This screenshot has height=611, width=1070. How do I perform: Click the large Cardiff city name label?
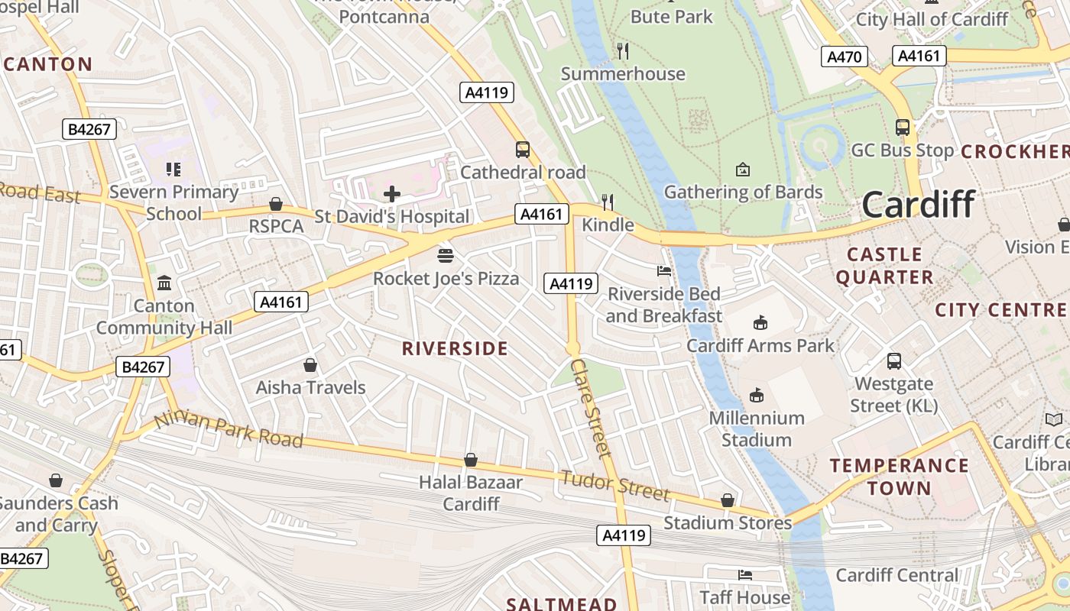918,205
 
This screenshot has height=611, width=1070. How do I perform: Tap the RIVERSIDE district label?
455,349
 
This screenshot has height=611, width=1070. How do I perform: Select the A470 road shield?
845,57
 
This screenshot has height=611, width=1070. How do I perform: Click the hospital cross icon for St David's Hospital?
392,194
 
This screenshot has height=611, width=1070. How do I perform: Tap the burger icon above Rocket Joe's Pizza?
446,255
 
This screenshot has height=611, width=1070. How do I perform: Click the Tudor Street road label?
615,486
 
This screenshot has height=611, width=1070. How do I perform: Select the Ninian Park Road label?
229,431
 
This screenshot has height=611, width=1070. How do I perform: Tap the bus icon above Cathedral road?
523,150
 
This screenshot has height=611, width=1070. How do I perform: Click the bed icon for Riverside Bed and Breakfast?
664,271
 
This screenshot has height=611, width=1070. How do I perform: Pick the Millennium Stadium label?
756,428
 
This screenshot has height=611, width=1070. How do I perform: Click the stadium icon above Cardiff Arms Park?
760,323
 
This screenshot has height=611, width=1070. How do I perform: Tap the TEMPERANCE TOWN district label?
900,477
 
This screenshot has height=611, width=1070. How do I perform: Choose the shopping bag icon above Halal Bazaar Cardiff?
471,460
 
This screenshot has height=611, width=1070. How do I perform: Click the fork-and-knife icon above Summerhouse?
623,51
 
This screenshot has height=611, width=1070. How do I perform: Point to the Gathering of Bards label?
743,192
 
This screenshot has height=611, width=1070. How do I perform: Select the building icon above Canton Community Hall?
164,283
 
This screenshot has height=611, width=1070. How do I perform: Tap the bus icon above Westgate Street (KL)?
894,360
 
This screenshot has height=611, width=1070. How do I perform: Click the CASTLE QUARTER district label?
884,265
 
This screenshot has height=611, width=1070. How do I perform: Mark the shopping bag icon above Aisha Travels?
310,365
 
